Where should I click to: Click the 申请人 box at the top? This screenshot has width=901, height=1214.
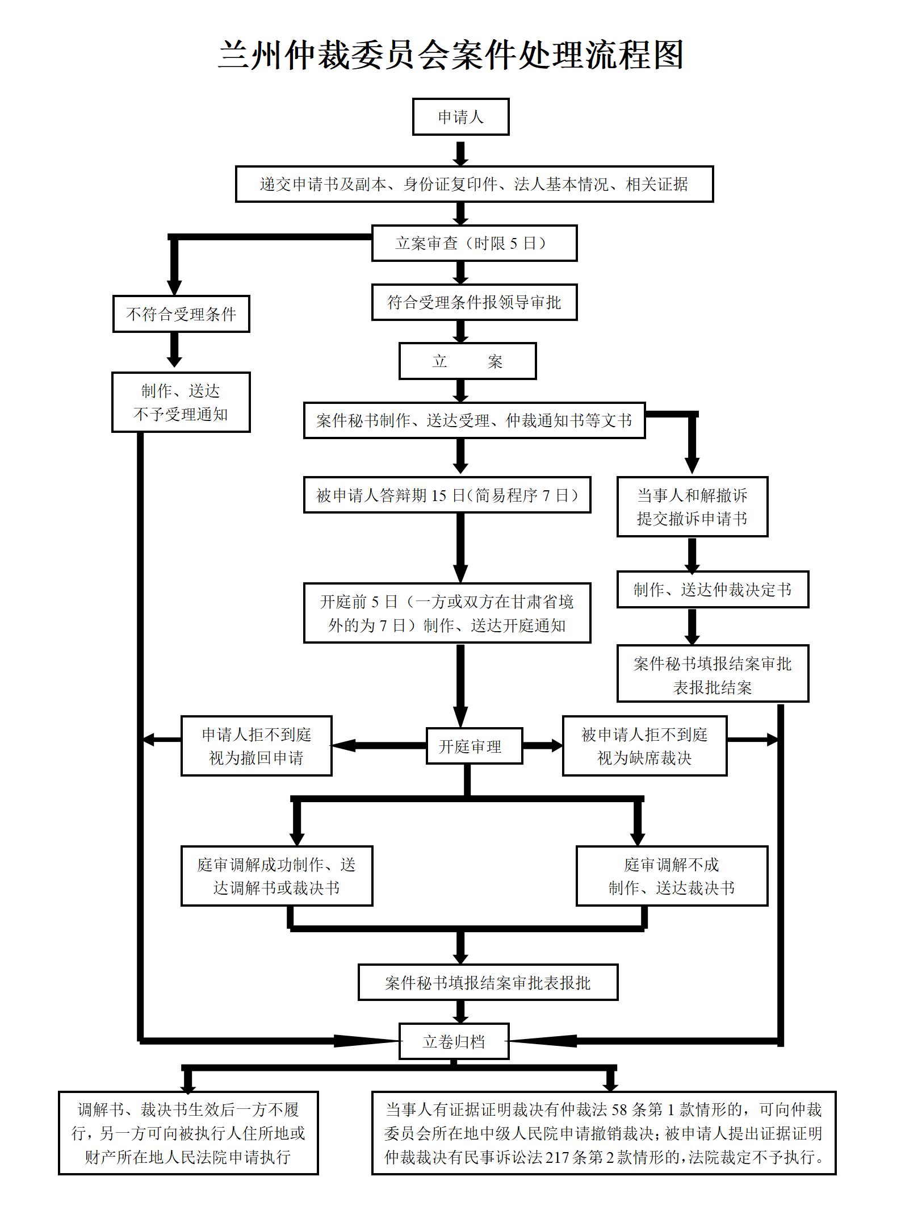460,117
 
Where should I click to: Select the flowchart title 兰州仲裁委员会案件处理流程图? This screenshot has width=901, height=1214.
451,55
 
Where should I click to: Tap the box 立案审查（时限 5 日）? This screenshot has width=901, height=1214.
474,243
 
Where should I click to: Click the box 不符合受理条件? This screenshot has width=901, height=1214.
181,314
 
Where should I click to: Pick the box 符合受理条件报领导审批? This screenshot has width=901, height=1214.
474,302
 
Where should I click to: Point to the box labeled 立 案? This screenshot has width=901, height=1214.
467,361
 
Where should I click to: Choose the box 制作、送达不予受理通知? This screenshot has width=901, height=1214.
181,402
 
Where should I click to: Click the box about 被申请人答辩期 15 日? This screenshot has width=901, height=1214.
447,495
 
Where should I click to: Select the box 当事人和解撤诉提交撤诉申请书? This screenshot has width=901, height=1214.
692,507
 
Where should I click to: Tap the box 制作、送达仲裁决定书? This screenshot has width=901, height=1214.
713,590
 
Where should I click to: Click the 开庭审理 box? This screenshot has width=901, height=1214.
473,746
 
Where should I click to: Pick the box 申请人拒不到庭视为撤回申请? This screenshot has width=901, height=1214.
256,746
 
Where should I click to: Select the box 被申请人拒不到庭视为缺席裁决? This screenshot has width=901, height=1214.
644,746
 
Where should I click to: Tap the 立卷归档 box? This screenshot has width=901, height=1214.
454,1041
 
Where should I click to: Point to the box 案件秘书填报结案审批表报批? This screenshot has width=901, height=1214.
488,982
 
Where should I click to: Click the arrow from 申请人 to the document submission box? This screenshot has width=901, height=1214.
460,152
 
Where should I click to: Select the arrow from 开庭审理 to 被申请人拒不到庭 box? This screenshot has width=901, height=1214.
542,745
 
